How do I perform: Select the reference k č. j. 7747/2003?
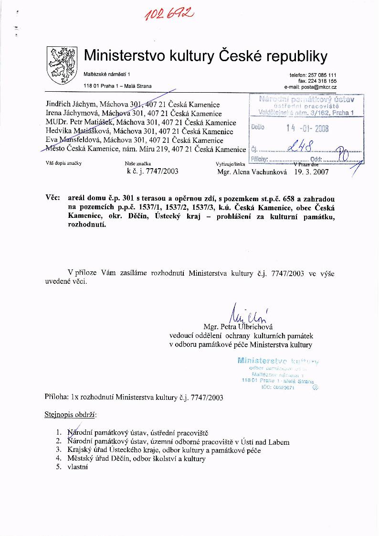[152, 171]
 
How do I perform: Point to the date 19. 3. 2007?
[312, 172]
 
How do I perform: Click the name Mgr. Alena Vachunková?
[252, 172]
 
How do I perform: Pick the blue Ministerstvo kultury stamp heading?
[278, 361]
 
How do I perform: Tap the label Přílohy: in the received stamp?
[260, 159]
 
